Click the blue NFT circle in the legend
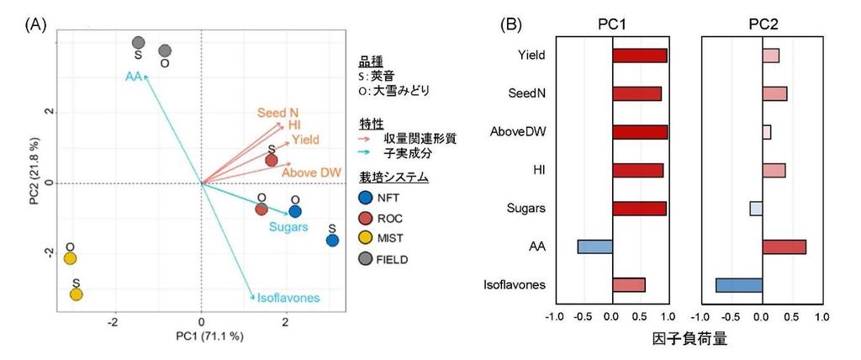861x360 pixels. [364, 198]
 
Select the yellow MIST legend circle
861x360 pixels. [364, 239]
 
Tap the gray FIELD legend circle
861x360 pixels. [364, 260]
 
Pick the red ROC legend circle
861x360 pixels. [364, 219]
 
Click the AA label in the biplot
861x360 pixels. [133, 77]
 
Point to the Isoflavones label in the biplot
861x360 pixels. [288, 298]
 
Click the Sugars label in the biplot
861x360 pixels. [288, 227]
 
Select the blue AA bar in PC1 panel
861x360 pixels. [594, 246]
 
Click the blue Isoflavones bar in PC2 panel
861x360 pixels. [738, 285]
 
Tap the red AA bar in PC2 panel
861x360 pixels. [784, 246]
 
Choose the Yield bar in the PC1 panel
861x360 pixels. [639, 56]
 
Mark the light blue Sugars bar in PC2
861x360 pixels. [756, 208]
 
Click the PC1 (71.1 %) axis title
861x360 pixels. [202, 336]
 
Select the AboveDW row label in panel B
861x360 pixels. [520, 131]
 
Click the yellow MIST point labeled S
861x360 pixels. [77, 294]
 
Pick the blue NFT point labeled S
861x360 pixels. [332, 241]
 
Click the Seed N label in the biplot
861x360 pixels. [277, 113]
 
